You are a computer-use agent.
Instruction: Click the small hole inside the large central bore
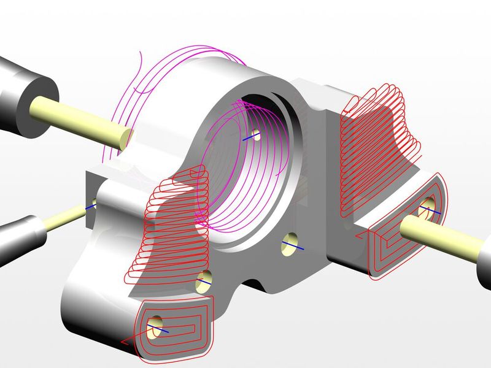pyautogui.click(x=254, y=135)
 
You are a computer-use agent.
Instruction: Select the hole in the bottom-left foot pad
pyautogui.click(x=157, y=324)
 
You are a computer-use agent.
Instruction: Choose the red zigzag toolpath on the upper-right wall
pyautogui.click(x=374, y=147)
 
